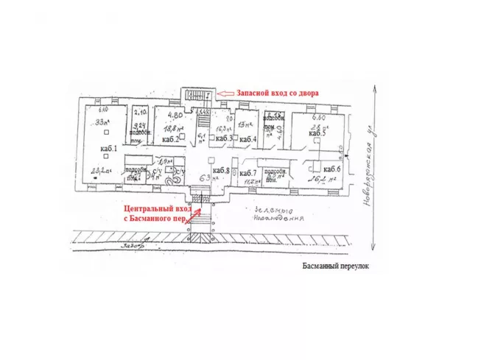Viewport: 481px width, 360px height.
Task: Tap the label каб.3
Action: click(x=224, y=138)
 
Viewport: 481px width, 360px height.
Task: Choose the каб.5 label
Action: click(x=317, y=133)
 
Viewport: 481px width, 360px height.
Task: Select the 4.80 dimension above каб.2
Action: click(x=175, y=115)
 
